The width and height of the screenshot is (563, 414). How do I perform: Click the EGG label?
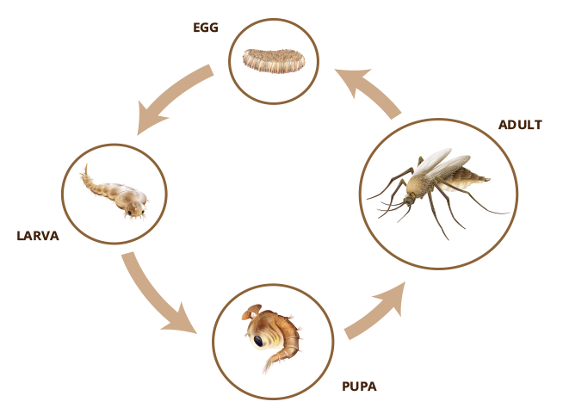point(206,28)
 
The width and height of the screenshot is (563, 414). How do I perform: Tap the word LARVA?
point(38,236)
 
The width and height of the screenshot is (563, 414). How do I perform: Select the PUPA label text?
point(360,386)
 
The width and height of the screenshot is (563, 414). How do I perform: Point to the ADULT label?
point(520,125)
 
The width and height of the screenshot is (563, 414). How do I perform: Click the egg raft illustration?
point(274,61)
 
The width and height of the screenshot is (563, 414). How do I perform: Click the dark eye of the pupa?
point(258,341)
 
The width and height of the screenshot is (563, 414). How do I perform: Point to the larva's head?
point(134,209)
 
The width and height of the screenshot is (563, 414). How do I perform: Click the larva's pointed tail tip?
point(86,165)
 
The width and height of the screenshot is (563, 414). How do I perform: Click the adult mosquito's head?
point(409,200)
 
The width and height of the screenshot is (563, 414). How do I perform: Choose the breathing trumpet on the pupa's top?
point(251,312)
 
